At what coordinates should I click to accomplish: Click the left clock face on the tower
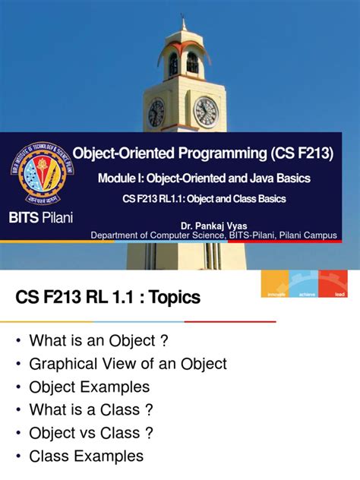coord(156,113)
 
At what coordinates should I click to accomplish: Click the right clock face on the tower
coord(205,112)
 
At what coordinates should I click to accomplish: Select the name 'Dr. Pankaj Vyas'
coord(214,226)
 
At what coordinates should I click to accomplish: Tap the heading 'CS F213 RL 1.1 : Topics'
coord(108,298)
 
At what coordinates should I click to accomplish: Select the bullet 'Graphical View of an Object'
coord(128,365)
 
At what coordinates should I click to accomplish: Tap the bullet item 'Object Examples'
coord(89,387)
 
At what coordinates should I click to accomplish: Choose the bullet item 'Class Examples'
coord(86,456)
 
